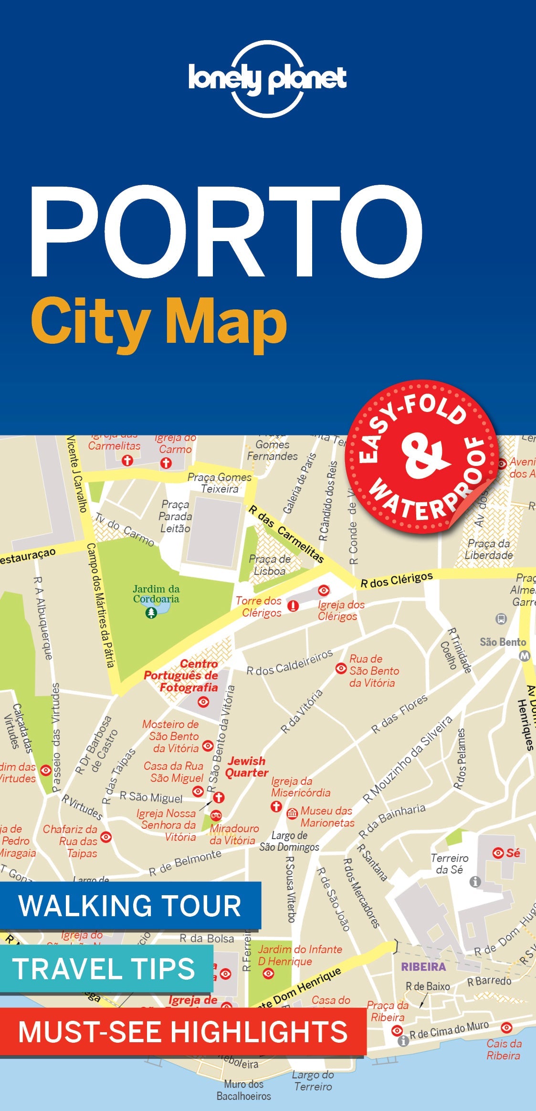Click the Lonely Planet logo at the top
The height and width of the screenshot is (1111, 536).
point(267,79)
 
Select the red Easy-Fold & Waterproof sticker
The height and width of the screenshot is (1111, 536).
point(422,457)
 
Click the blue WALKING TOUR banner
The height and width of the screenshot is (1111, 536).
point(130,905)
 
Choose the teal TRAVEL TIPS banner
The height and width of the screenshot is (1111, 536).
point(104,968)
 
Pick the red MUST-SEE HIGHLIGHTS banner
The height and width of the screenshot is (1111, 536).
point(182,1031)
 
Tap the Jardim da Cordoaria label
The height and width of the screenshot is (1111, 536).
point(156,594)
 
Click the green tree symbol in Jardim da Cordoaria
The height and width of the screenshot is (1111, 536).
point(151,613)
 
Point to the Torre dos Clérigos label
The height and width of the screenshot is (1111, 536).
point(259,607)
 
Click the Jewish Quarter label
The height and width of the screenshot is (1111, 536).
point(247,767)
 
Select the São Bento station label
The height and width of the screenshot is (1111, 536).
point(503,642)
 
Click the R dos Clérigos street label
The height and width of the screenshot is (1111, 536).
point(396,580)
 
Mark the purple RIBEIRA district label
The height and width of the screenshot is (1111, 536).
point(423,967)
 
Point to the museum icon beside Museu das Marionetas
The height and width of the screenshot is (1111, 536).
point(292,814)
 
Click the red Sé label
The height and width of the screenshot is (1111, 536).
point(513,853)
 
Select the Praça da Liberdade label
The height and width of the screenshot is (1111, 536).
point(489,549)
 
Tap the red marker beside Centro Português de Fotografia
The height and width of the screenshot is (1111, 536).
point(203,702)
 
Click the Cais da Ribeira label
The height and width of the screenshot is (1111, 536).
point(504,1049)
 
